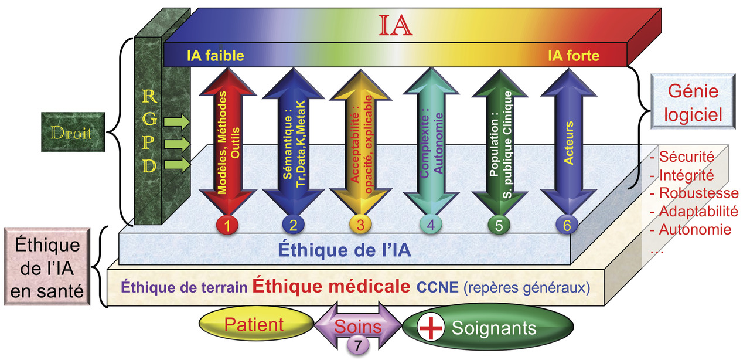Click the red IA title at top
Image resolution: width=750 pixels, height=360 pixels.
[396, 25]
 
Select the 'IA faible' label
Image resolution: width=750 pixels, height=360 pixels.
[216, 56]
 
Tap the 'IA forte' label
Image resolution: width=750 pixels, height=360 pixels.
[574, 56]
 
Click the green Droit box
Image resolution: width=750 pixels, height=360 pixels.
[73, 132]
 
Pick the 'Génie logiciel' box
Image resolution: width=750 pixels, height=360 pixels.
[693, 101]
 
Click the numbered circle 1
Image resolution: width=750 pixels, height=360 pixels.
[227, 225]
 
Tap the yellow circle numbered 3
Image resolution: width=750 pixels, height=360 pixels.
[360, 225]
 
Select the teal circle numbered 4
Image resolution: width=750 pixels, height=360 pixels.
[431, 225]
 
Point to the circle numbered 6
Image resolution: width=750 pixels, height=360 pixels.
[567, 225]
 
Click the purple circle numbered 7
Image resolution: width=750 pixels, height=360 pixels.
[358, 345]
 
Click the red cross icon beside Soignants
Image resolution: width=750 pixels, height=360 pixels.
[431, 328]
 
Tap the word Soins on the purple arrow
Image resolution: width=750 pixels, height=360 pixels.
[358, 326]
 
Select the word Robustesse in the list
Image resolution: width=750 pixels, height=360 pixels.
[699, 193]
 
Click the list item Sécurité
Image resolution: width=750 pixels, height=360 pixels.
[687, 157]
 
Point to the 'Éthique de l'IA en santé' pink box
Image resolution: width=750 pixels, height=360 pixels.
[47, 267]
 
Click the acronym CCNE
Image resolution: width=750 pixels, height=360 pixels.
[437, 287]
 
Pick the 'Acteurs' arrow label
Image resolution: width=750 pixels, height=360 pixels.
[569, 143]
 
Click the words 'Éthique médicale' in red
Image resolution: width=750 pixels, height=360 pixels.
[331, 286]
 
